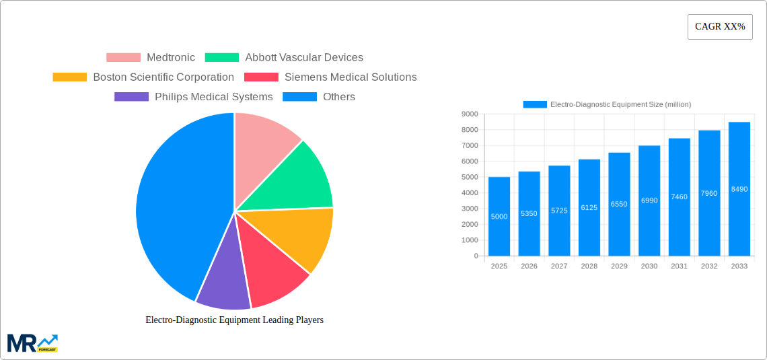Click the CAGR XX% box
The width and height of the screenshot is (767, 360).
pos(719,27)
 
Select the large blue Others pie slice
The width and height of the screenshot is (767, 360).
pos(175,209)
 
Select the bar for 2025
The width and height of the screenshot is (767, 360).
pos(499,216)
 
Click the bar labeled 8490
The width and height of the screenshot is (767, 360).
pos(739,189)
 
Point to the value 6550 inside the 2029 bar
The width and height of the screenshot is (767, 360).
pos(619,204)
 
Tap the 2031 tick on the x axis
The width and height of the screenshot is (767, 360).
pos(679,266)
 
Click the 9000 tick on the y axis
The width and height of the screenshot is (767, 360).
pos(470,114)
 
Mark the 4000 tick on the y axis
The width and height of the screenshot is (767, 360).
pos(470,193)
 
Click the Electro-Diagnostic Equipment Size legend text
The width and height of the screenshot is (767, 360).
pos(620,104)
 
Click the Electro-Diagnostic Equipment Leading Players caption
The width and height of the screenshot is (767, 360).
pos(234,320)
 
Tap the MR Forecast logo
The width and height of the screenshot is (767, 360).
pos(32,343)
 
